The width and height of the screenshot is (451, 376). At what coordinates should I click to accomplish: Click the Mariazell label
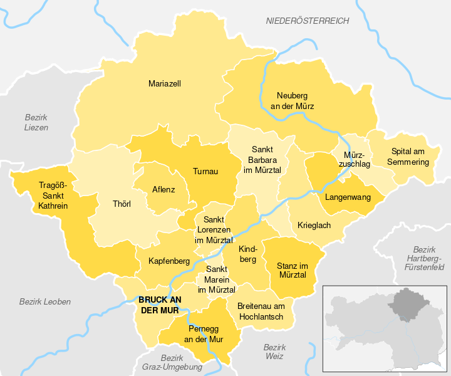tap(165, 83)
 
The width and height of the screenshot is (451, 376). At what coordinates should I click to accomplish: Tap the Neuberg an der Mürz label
tap(292, 101)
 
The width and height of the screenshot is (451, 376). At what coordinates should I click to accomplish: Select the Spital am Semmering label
tap(411, 157)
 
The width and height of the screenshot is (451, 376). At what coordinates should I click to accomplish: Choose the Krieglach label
tap(314, 226)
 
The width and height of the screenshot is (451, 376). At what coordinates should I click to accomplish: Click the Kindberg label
tap(247, 254)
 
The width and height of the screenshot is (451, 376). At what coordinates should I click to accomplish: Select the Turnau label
tap(205, 170)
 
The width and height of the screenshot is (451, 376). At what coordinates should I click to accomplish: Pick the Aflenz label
tap(163, 189)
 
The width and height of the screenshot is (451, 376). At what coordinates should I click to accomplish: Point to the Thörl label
tap(121, 204)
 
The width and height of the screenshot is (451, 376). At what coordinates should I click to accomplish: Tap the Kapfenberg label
tap(169, 261)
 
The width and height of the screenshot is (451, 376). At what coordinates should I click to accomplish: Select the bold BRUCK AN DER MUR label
tap(158, 305)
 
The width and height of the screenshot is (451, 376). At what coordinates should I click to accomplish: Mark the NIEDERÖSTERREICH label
tap(308, 21)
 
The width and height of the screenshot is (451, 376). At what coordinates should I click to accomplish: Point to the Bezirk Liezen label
tap(36, 122)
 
